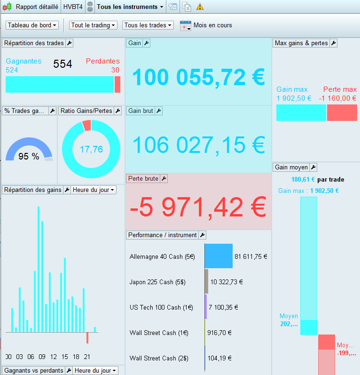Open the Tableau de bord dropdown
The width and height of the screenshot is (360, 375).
pyautogui.click(x=32, y=25)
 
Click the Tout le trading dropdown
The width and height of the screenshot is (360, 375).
pyautogui.click(x=93, y=25)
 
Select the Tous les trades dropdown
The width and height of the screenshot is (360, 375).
pyautogui.click(x=148, y=25)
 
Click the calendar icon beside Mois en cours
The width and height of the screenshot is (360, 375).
pyautogui.click(x=185, y=25)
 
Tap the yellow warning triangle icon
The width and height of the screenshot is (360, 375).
pyautogui.click(x=200, y=7)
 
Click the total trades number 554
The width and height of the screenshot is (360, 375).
pyautogui.click(x=63, y=64)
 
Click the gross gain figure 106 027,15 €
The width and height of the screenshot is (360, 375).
pyautogui.click(x=199, y=145)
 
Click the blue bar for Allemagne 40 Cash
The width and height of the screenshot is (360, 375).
pyautogui.click(x=219, y=256)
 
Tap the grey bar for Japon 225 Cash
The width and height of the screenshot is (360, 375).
pyautogui.click(x=206, y=282)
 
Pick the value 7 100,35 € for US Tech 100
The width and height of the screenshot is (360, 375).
pyautogui.click(x=223, y=307)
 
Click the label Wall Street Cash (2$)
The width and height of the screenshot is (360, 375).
pyautogui.click(x=159, y=358)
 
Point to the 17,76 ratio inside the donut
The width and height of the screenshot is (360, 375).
pyautogui.click(x=91, y=149)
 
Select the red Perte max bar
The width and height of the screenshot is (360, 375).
pyautogui.click(x=342, y=113)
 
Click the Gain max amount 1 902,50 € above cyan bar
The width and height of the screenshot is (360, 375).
pyautogui.click(x=294, y=98)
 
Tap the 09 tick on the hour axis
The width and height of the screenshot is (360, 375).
pyautogui.click(x=42, y=357)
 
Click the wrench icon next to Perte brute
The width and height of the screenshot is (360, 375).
pyautogui.click(x=164, y=179)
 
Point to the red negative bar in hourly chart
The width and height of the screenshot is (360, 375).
pyautogui.click(x=87, y=338)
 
